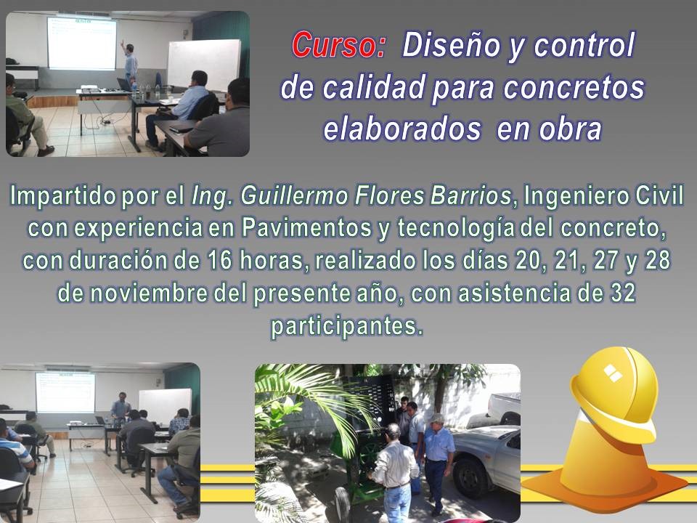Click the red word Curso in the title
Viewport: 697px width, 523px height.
[x=338, y=45]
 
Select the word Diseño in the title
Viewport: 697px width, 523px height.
[x=451, y=45]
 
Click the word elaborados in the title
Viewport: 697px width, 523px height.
[x=402, y=129]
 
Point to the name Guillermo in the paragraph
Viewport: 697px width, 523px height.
[x=294, y=196]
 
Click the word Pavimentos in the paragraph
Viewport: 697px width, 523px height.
[x=307, y=228]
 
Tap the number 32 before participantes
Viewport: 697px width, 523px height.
[x=623, y=293]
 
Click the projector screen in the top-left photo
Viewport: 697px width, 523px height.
[x=82, y=44]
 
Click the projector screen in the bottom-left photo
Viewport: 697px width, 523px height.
[x=65, y=392]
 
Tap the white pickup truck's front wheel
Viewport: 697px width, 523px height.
[x=470, y=477]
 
